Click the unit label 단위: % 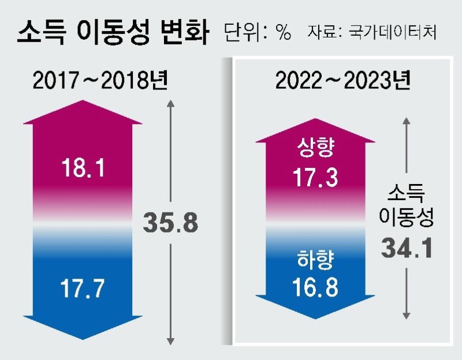point(257,32)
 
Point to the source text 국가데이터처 point(393,33)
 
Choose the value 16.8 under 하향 point(315,287)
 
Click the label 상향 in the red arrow point(315,151)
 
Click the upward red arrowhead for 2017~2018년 point(83,112)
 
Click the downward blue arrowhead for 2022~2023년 point(315,309)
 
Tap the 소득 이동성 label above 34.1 point(407,205)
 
